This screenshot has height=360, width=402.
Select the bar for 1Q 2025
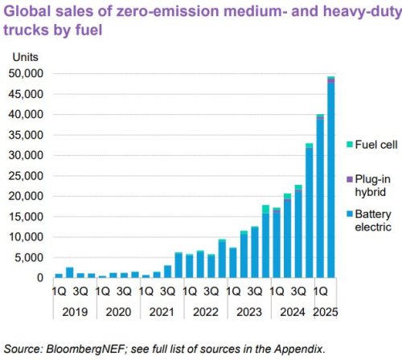pyautogui.click(x=320, y=196)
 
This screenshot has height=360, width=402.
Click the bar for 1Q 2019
pyautogui.click(x=59, y=276)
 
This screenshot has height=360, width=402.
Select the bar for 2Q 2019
pyautogui.click(x=70, y=272)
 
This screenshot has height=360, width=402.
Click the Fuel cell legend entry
pyautogui.click(x=371, y=145)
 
